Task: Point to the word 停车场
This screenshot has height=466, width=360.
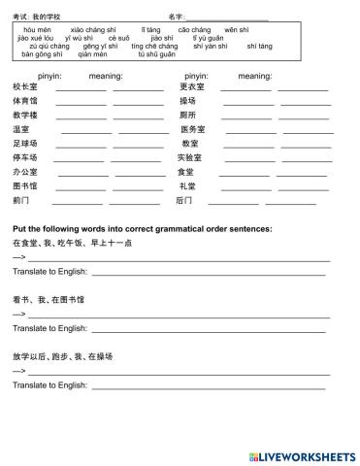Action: pyautogui.click(x=24, y=157)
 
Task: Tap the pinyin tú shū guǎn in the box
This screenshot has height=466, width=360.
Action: pyautogui.click(x=156, y=54)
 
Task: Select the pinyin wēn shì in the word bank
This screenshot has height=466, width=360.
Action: pyautogui.click(x=238, y=30)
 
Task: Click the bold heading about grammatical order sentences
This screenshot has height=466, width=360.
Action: pyautogui.click(x=142, y=229)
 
